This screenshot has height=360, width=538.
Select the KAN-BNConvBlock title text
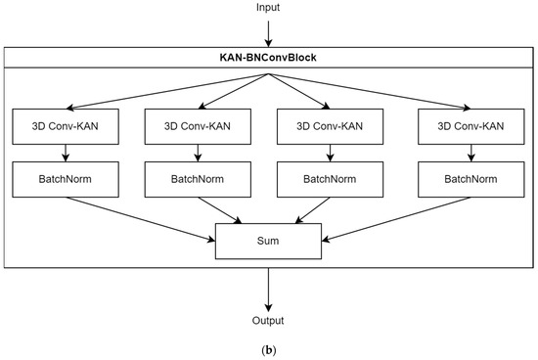coord(268,58)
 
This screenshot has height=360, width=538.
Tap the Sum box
coord(268,242)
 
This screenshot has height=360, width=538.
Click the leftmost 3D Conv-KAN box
coord(65,125)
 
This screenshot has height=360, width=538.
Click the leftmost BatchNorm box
coord(65,179)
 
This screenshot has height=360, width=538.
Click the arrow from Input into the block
coord(268,33)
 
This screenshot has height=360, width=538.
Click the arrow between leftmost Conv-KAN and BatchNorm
coord(65,152)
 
